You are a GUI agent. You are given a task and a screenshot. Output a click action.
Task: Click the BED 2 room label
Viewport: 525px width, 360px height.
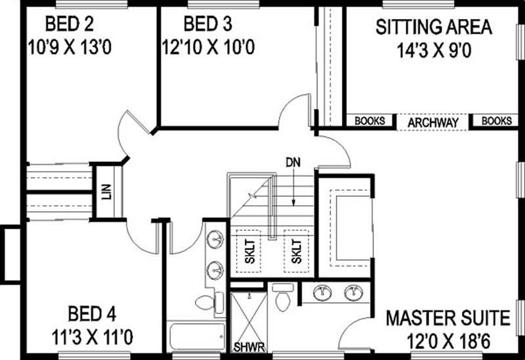coord(70,26)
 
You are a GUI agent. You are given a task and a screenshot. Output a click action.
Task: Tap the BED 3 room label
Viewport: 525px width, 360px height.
coord(207,26)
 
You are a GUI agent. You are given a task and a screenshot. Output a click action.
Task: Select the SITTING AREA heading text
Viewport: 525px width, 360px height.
coord(433,28)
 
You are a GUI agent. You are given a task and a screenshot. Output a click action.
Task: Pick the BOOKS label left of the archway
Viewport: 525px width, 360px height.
coord(369,121)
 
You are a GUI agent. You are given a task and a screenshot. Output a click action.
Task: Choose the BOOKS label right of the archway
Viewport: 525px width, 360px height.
coord(497,121)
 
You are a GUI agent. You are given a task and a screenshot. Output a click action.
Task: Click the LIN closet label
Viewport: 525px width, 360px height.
coord(106,191)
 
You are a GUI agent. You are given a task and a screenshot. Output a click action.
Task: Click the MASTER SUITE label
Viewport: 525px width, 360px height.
coord(448,319)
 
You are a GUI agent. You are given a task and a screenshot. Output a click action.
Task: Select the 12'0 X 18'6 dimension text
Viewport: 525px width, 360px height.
coord(448,342)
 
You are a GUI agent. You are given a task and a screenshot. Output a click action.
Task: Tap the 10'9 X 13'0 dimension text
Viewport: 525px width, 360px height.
coord(70,48)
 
